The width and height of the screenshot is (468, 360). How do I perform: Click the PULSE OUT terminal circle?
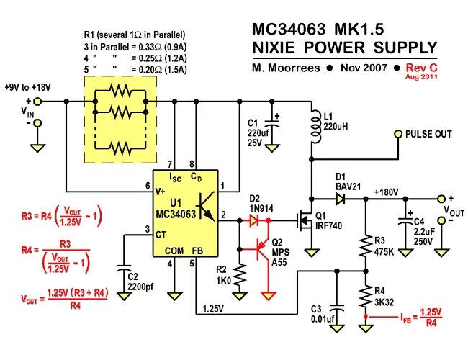398,134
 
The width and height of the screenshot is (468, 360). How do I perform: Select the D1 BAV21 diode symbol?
341,199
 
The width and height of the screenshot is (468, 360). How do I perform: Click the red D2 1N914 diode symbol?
254,220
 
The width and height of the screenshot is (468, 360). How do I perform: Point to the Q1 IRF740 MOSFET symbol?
305,221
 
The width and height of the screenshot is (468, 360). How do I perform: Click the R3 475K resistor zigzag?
365,246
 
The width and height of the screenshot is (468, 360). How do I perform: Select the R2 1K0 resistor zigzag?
239,274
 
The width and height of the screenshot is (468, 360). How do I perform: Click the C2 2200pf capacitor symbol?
124,268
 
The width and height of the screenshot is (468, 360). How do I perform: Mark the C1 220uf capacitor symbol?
271,124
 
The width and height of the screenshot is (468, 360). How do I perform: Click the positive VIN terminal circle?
37,102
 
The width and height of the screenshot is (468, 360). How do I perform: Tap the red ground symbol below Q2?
269,295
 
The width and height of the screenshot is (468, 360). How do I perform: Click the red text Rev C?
421,68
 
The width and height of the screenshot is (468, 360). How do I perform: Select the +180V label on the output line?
386,192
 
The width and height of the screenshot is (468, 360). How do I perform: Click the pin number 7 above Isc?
170,164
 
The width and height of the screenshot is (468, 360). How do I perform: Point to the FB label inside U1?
197,251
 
